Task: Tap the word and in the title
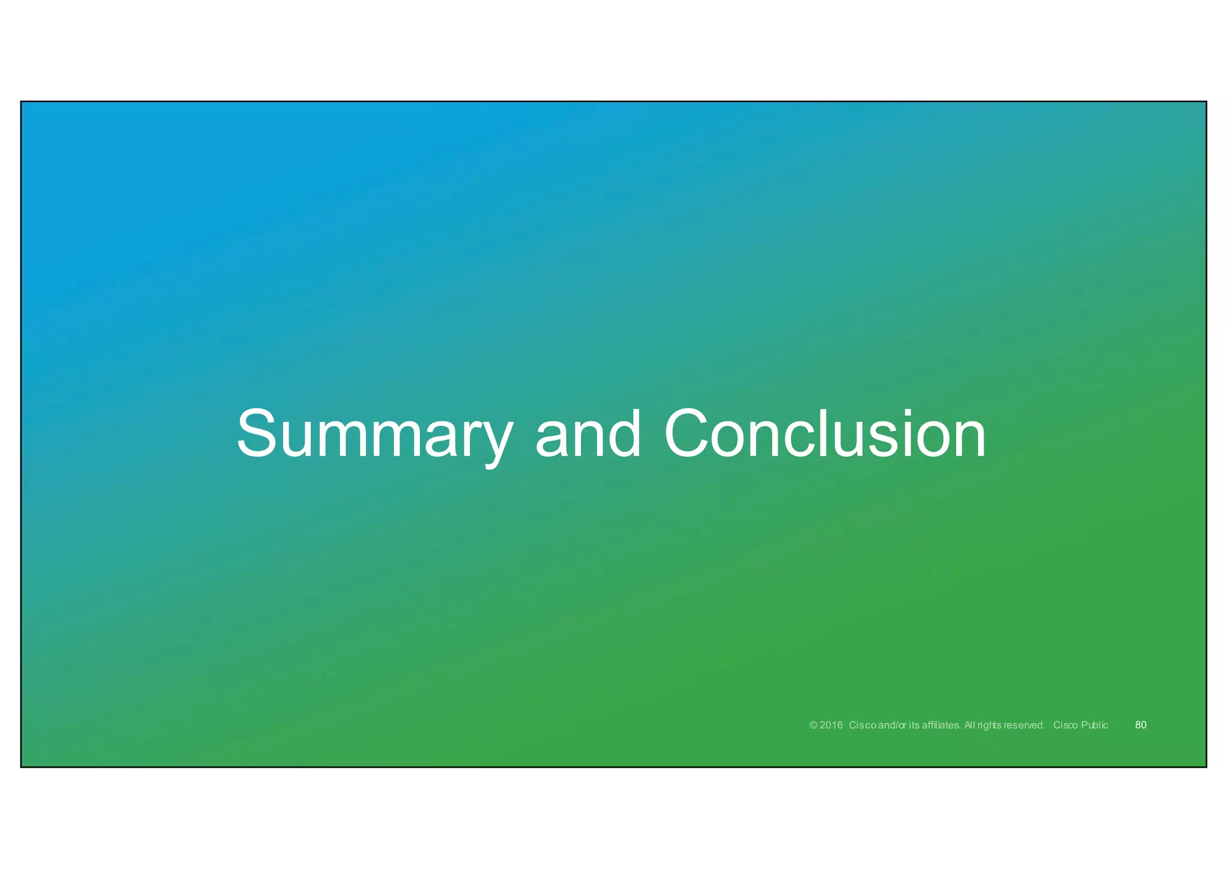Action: (587, 434)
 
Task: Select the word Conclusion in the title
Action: (825, 434)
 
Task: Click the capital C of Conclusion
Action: (690, 434)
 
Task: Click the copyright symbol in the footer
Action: (813, 725)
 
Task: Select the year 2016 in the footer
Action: (831, 725)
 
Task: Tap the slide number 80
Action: (1141, 725)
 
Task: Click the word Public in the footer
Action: (1095, 725)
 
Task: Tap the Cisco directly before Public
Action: (1066, 725)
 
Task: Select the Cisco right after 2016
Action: (863, 725)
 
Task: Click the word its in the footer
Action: (914, 725)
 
